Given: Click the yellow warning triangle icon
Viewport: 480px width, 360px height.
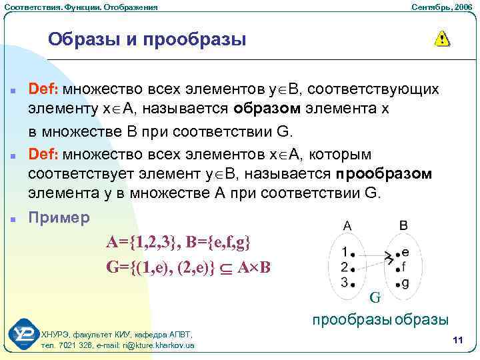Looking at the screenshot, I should (x=441, y=38).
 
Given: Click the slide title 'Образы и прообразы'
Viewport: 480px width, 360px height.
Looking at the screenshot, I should (x=147, y=39).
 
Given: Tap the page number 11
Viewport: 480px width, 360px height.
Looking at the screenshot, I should (x=457, y=341).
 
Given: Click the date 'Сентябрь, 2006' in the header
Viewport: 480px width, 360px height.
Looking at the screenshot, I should (x=439, y=7).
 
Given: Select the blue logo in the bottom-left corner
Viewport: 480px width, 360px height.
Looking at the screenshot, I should (x=25, y=334).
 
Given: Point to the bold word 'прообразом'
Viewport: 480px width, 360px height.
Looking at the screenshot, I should (x=384, y=174).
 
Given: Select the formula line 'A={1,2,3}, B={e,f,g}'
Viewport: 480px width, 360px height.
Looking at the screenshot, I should (x=179, y=241).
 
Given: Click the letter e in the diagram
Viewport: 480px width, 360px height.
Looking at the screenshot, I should (x=405, y=253).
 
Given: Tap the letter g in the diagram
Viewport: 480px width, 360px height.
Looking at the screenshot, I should (x=405, y=283).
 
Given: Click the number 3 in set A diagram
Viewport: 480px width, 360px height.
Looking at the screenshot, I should (x=343, y=282).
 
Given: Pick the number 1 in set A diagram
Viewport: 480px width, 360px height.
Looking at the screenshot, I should (x=343, y=253).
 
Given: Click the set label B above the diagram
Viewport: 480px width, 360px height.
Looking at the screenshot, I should (x=403, y=225).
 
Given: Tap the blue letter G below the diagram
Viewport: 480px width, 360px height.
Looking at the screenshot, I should (x=375, y=297).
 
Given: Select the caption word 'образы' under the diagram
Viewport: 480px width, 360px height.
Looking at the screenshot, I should (x=421, y=320).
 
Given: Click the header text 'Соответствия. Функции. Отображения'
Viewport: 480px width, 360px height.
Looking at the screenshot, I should (x=81, y=7).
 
